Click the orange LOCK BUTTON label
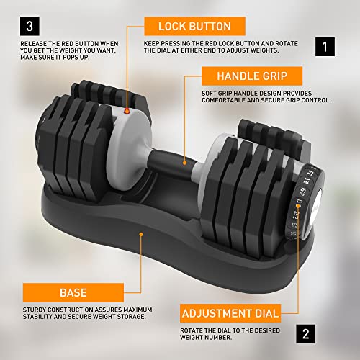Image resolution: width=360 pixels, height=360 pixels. (x=191, y=27)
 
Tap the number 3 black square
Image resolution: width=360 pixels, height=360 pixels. (x=28, y=27)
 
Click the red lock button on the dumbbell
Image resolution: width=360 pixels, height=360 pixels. (x=127, y=112)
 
